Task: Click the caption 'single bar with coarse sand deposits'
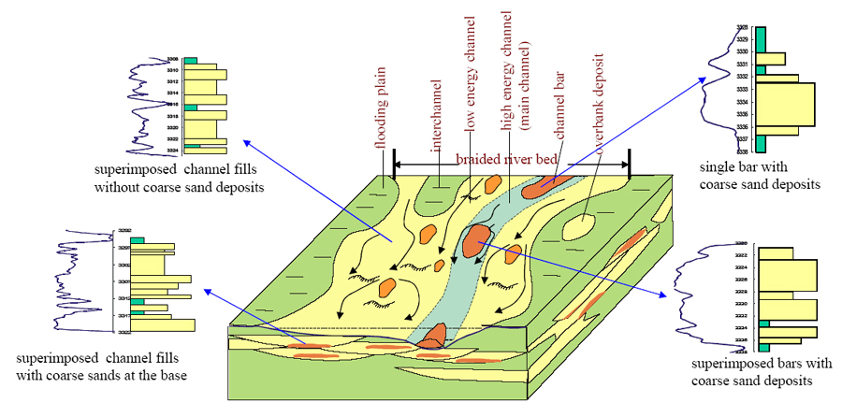coord(760,175)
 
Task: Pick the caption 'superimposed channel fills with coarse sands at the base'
coord(96,367)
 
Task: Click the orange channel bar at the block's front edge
coord(433,338)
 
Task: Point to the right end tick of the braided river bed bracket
coord(629,165)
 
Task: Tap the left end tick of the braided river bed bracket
coord(395,165)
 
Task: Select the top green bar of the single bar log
coord(762,38)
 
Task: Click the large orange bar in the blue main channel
coord(479,240)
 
